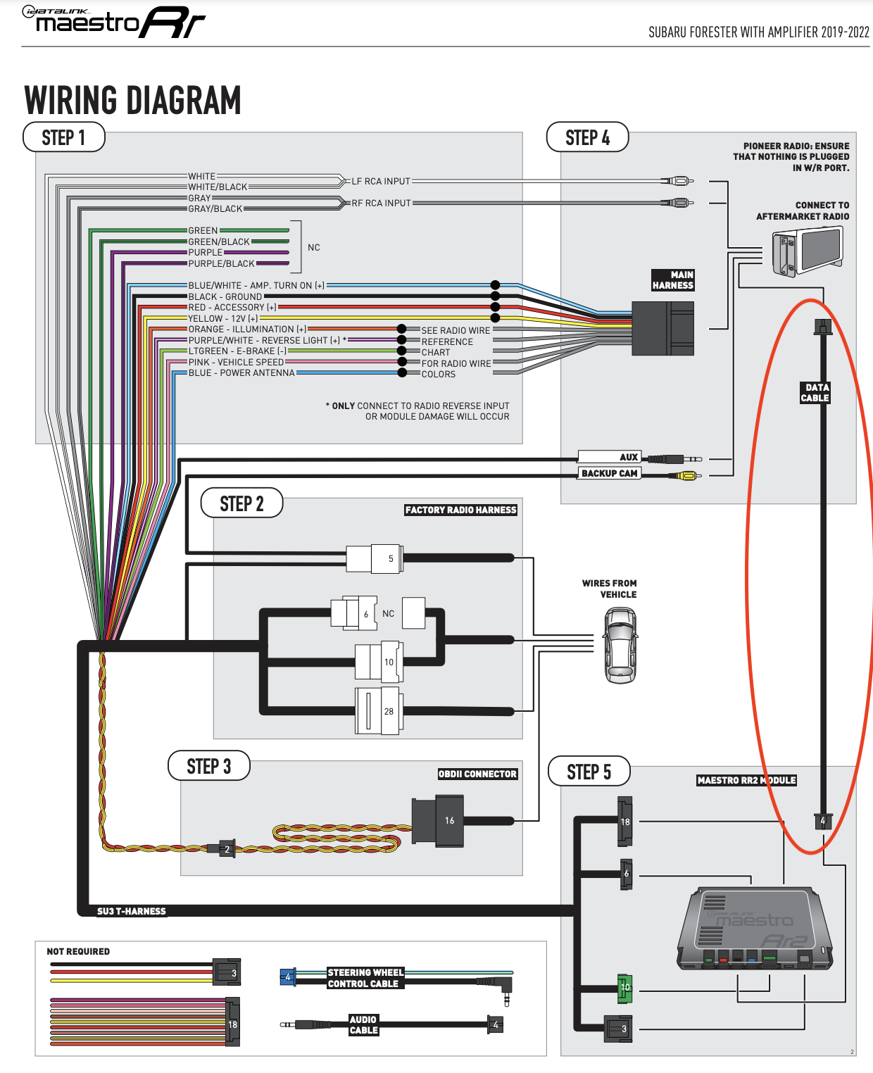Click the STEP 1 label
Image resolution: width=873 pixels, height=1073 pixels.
(x=63, y=137)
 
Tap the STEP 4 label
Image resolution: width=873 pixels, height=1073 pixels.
(x=587, y=137)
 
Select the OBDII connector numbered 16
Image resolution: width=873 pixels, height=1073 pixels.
(x=448, y=820)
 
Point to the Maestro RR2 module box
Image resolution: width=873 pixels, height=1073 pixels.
(x=754, y=929)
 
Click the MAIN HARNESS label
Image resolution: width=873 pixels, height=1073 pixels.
(x=673, y=280)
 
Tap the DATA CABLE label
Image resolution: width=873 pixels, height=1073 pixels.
(x=815, y=393)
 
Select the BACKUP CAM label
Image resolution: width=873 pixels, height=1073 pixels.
(x=610, y=474)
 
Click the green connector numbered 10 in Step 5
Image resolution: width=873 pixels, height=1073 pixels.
(x=624, y=988)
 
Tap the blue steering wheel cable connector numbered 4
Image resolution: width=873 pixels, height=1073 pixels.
(x=287, y=977)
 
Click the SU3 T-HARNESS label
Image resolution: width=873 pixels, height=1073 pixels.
(x=132, y=911)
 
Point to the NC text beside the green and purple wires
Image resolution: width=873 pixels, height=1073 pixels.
(x=314, y=248)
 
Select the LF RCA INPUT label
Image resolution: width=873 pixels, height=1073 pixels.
(x=381, y=182)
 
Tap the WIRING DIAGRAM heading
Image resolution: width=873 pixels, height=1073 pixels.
(x=133, y=101)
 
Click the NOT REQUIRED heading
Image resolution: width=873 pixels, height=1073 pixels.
(x=78, y=952)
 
